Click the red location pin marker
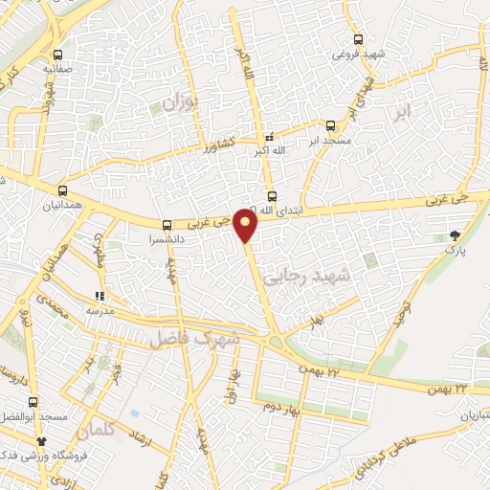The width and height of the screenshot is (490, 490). pyautogui.click(x=247, y=225)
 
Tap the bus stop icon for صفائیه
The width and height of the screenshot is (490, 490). pyautogui.click(x=59, y=55)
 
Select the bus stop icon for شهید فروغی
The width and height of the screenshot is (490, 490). pyautogui.click(x=357, y=39)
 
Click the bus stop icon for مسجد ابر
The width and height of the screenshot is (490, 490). pyautogui.click(x=331, y=125)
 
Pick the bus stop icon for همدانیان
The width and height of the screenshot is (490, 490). pyautogui.click(x=63, y=190)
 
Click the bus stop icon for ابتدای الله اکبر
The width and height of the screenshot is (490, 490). pyautogui.click(x=273, y=196)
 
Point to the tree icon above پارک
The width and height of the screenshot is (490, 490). pyautogui.click(x=455, y=234)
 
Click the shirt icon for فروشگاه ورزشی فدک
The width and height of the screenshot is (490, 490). pyautogui.click(x=41, y=441)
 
